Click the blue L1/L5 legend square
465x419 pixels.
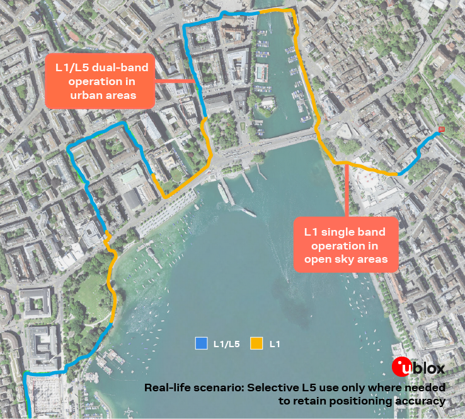pos(201,343)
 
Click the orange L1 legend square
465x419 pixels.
pos(256,343)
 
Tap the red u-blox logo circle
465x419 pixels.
pos(402,367)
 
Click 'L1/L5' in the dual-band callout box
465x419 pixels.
pos(72,67)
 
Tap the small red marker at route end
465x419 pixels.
pos(441,130)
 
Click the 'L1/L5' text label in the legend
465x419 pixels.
pos(226,344)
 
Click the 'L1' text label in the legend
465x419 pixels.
pos(275,344)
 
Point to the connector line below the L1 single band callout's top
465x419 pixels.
pos(347,189)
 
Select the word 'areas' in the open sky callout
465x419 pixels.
pos(373,259)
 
